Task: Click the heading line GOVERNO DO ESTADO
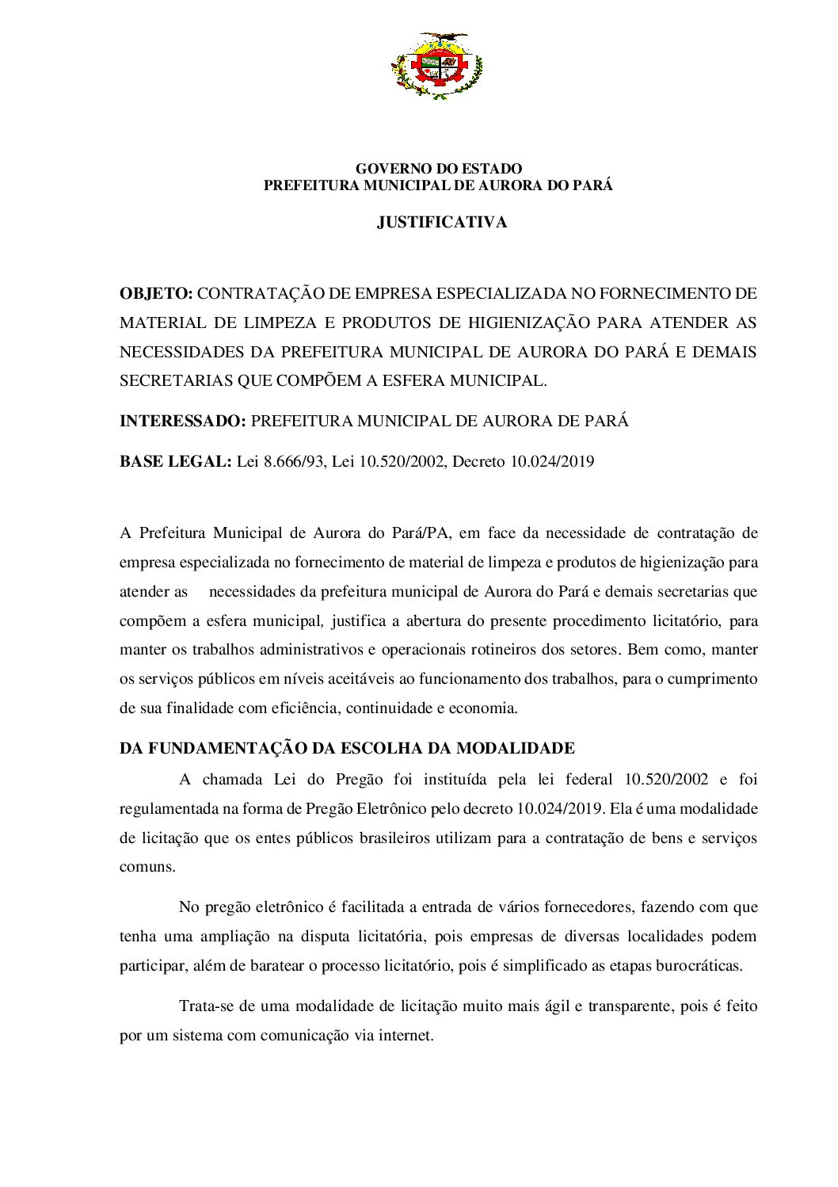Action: click(438, 169)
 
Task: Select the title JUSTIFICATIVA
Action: click(441, 223)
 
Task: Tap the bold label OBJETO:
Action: click(156, 294)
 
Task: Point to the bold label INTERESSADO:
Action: click(182, 421)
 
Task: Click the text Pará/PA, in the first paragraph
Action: click(422, 532)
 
